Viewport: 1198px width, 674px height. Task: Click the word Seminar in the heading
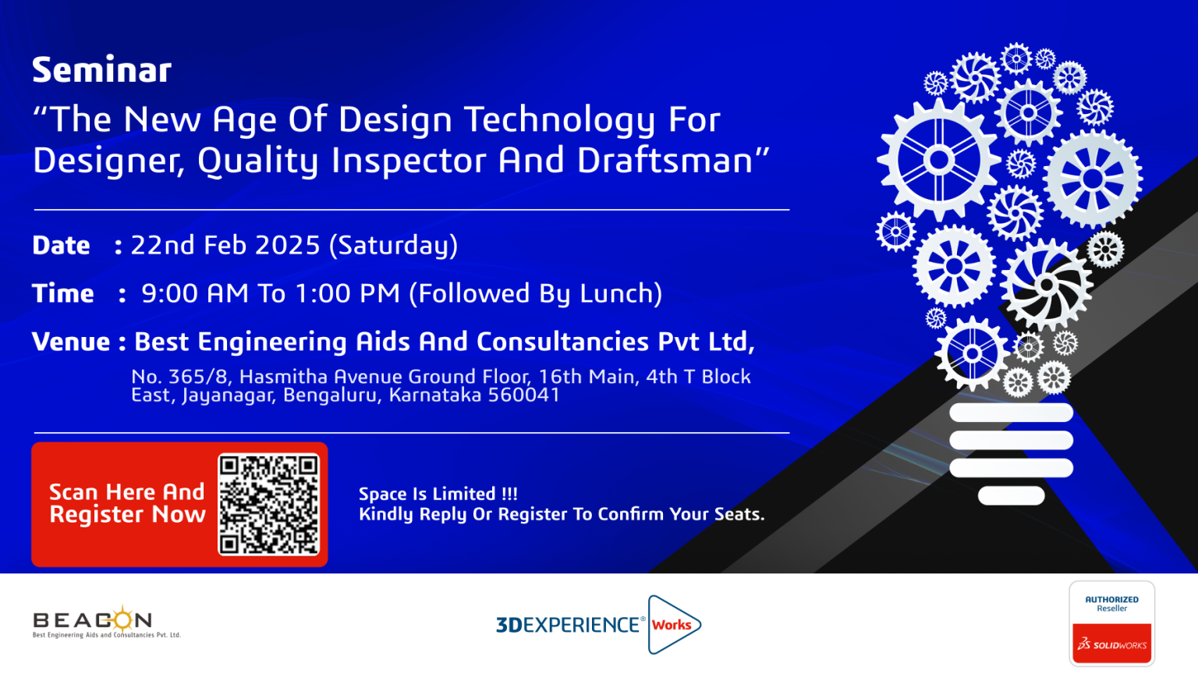click(101, 70)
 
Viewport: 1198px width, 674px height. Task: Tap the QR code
click(268, 505)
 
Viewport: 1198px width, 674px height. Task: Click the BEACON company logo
click(106, 622)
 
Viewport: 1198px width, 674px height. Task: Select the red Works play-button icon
click(674, 624)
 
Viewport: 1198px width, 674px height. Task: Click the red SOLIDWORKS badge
click(1112, 643)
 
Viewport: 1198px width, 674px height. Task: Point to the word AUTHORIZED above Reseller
click(1112, 600)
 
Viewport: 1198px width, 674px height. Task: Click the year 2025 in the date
click(287, 245)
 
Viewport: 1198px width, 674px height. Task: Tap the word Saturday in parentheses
click(393, 246)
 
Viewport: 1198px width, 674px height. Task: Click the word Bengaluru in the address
click(332, 396)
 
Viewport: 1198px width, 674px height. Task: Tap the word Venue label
click(71, 341)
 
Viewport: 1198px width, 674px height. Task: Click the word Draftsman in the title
click(665, 160)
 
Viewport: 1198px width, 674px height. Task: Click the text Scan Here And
click(127, 491)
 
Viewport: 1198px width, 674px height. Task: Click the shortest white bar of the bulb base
click(1011, 495)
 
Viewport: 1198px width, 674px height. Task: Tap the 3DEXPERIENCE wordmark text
click(568, 625)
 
